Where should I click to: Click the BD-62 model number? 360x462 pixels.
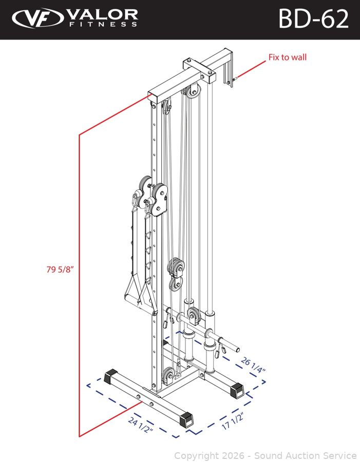click(x=313, y=19)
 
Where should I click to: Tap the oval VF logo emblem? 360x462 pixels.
click(x=37, y=18)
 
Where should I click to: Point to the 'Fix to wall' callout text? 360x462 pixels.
click(x=288, y=57)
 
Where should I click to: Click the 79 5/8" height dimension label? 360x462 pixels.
click(x=60, y=269)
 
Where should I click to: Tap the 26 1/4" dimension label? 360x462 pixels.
click(x=253, y=365)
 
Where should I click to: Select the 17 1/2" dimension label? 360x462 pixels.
click(x=233, y=421)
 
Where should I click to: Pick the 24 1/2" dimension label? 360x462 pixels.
click(x=141, y=425)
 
